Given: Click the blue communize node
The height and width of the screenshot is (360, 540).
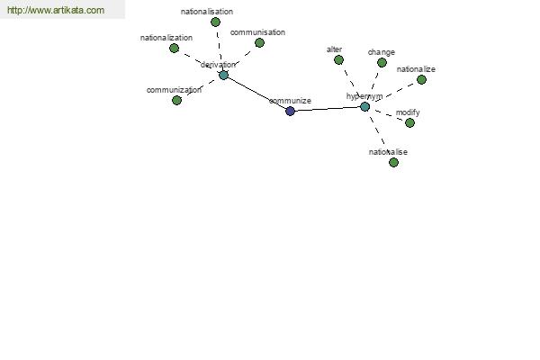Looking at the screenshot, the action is (291, 111).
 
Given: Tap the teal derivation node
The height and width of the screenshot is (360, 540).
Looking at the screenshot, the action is (223, 75).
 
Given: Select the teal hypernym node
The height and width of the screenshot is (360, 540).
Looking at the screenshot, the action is (365, 107).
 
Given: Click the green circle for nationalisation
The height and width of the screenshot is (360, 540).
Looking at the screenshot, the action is (216, 22).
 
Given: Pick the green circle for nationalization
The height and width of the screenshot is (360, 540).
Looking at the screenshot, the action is (175, 49).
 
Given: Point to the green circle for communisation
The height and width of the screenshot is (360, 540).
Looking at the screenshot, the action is (260, 42).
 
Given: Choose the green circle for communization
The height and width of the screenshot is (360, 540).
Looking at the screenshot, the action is (176, 100).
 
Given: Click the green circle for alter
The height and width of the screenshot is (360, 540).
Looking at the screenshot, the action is (339, 60).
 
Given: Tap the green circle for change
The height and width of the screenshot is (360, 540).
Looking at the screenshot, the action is (382, 63).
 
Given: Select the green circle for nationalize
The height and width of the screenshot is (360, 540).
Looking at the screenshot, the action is (421, 79).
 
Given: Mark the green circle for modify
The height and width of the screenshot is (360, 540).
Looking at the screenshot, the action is (409, 122).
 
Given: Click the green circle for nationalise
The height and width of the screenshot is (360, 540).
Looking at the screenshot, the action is (393, 162).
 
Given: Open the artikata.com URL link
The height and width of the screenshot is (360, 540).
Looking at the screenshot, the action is (56, 10).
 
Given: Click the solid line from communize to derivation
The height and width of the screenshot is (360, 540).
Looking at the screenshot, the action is (256, 93).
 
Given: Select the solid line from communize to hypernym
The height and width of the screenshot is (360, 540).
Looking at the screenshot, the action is (328, 109).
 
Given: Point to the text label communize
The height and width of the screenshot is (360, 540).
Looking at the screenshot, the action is (290, 101).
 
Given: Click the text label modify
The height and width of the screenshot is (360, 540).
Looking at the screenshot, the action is (408, 112).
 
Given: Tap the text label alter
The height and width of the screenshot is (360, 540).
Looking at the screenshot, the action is (334, 49).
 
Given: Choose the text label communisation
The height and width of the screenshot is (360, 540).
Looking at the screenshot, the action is (257, 32).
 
